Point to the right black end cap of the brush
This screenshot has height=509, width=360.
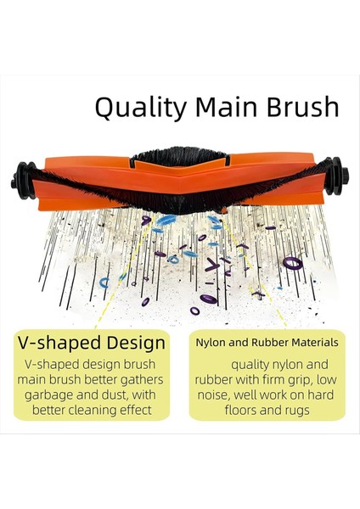(x=337, y=178)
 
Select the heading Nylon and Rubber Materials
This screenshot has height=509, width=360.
(x=266, y=343)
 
